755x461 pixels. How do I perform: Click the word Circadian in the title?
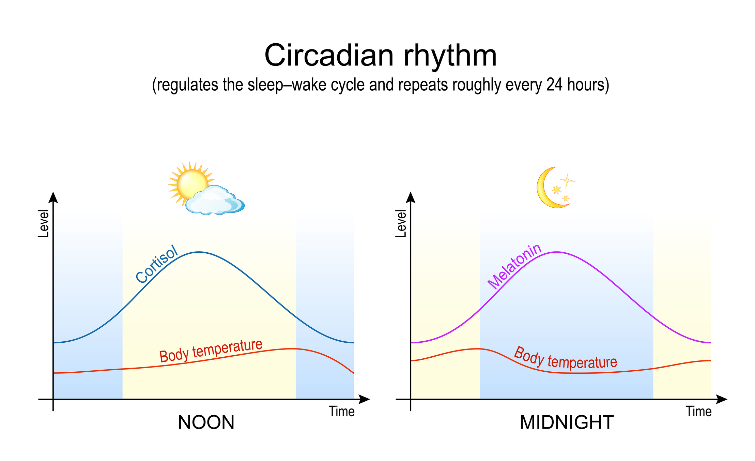(x=328, y=56)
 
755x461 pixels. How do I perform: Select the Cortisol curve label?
(x=156, y=264)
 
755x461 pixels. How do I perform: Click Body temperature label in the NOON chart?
(x=211, y=351)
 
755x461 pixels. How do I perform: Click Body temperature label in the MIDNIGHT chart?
(x=565, y=359)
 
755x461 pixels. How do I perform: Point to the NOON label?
(x=206, y=422)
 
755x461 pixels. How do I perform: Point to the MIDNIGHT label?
(x=566, y=422)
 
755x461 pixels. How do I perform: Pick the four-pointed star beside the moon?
(x=567, y=180)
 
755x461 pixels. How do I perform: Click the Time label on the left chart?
(x=341, y=412)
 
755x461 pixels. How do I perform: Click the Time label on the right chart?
(x=698, y=412)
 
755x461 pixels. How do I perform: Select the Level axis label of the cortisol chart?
(x=43, y=224)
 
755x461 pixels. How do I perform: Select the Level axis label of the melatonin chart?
(x=401, y=224)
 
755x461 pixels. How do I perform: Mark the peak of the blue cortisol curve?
(x=200, y=252)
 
